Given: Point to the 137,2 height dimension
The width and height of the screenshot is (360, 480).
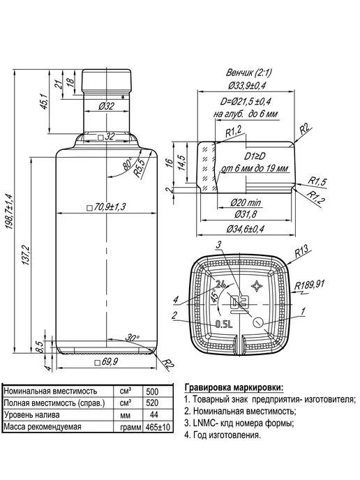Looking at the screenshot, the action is (x=26, y=255).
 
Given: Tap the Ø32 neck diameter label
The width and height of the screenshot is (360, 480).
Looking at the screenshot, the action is (x=106, y=106).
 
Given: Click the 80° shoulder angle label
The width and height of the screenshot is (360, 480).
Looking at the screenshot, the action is (x=126, y=164).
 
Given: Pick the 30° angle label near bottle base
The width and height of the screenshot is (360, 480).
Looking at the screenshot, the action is (x=132, y=338).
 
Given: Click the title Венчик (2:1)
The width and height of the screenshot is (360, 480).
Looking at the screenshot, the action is (x=248, y=73).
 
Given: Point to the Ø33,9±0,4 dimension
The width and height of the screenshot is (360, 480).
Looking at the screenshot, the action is (x=247, y=85).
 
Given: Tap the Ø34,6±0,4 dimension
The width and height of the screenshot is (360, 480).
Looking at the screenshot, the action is (x=246, y=229).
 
